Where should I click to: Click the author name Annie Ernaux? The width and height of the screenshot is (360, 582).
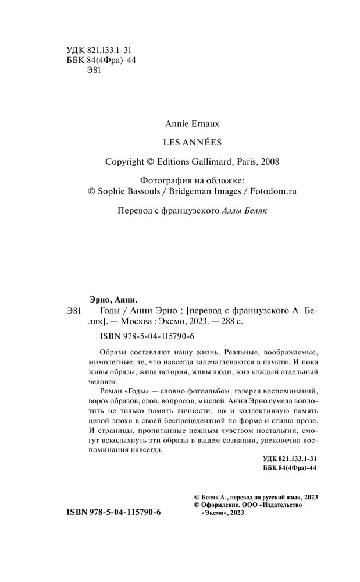(192, 123)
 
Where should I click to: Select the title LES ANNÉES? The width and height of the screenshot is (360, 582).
(192, 143)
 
